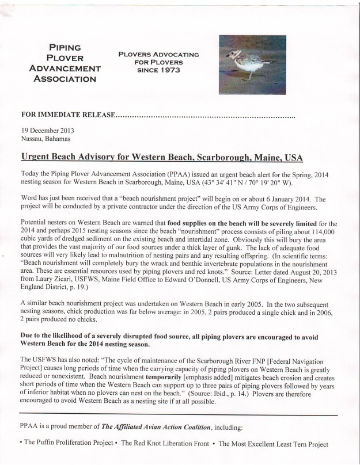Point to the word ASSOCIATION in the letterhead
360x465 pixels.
click(x=65, y=78)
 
